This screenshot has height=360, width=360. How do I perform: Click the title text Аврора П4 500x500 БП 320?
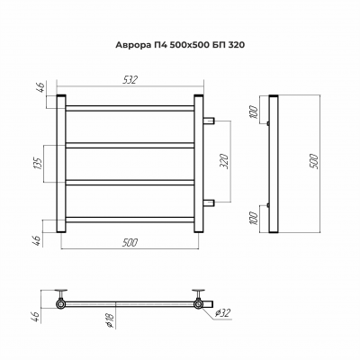click(x=180, y=45)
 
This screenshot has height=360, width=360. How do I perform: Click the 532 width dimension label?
click(x=130, y=80)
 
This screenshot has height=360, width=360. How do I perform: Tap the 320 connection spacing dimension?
click(x=226, y=161)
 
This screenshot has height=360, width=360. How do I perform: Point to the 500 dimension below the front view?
click(x=130, y=242)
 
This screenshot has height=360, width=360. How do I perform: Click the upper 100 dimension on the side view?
click(x=254, y=112)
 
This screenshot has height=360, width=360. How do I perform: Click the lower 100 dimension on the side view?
click(x=254, y=219)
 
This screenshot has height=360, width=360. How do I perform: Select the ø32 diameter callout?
click(x=223, y=313)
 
